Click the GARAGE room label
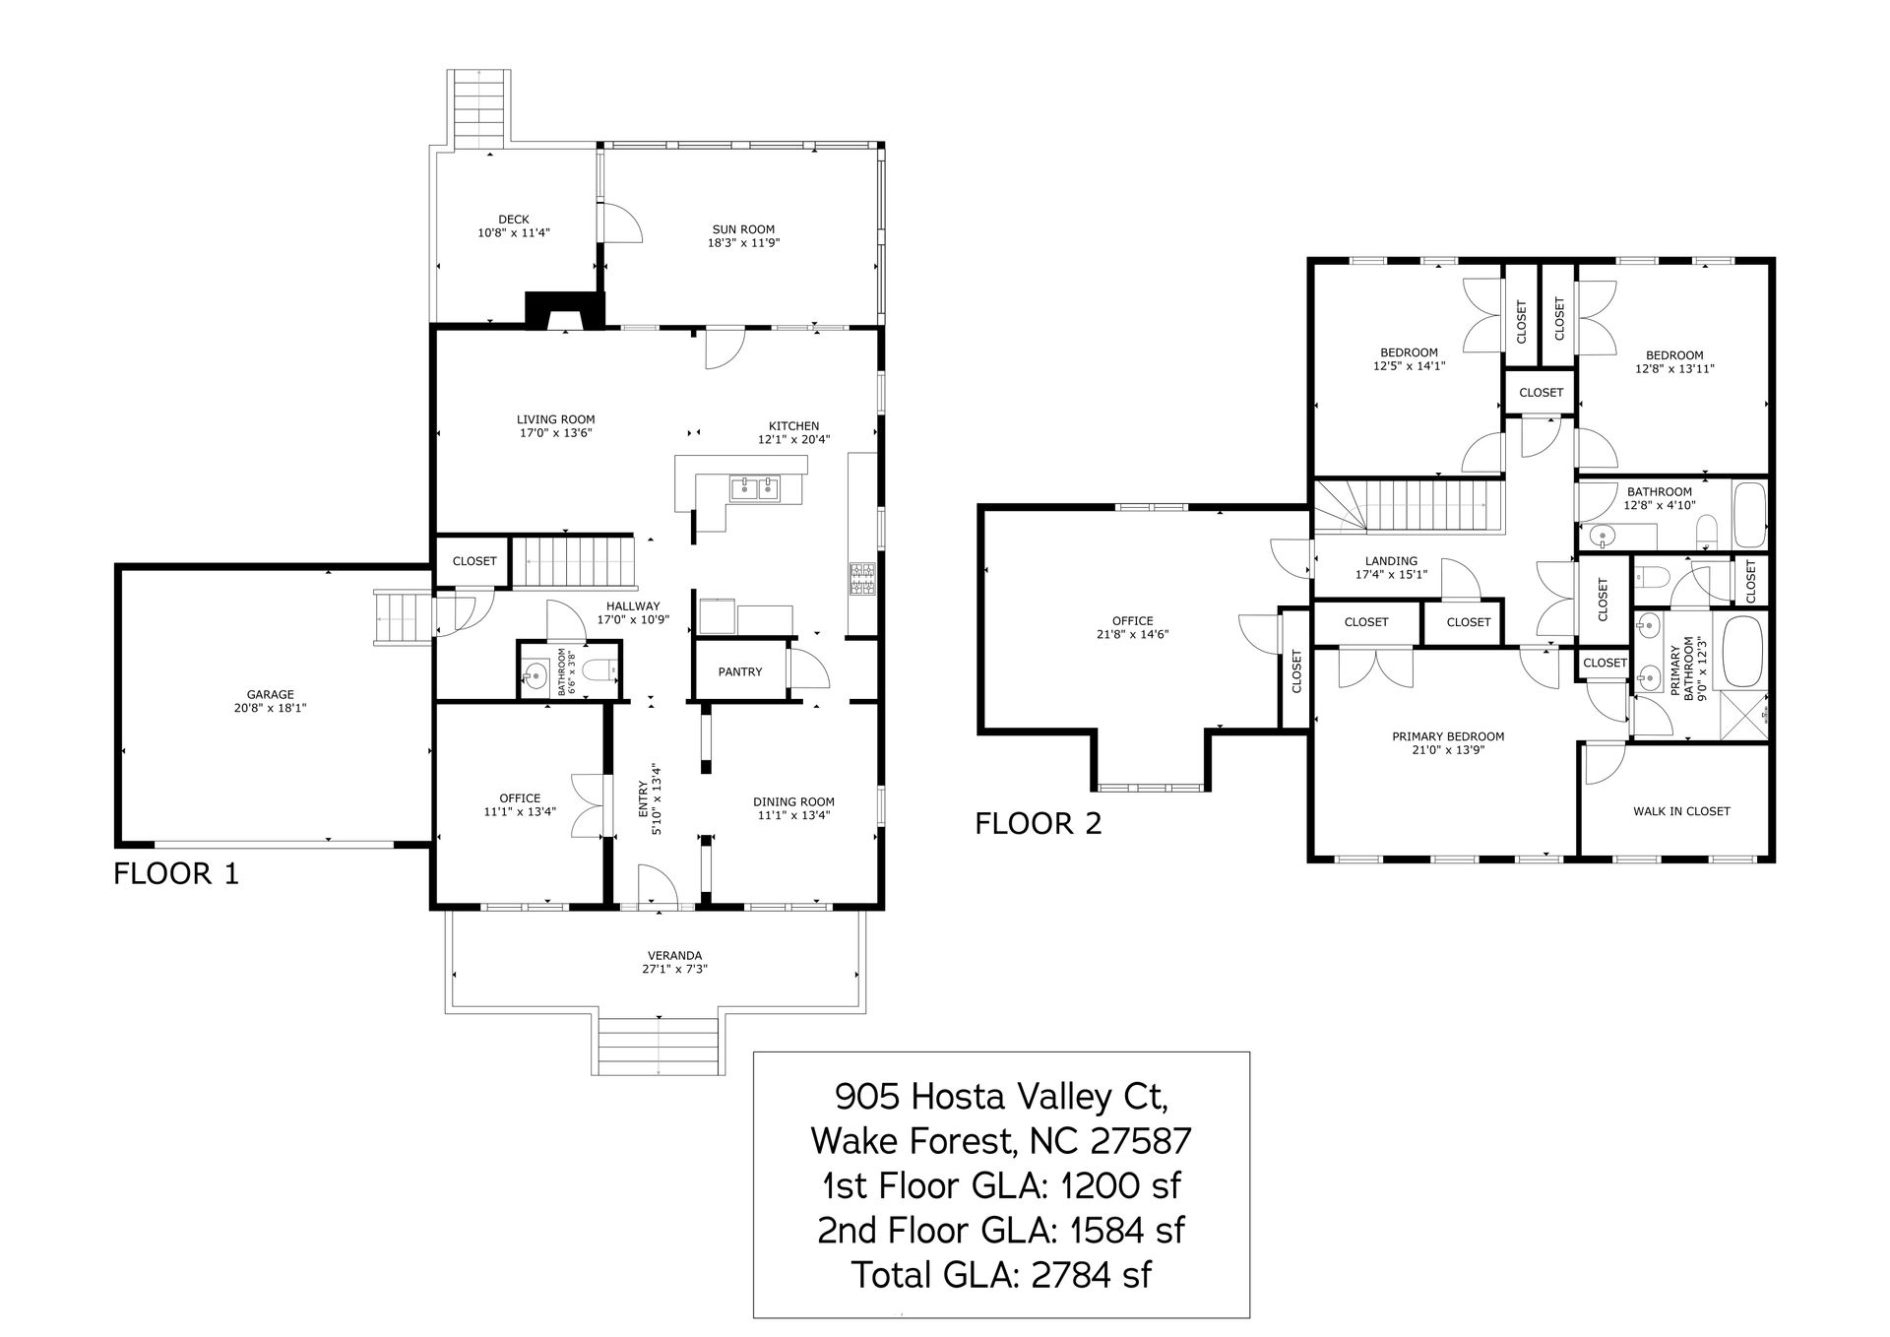(271, 694)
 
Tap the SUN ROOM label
(743, 229)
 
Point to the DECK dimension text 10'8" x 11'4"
(513, 233)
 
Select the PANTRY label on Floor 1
(740, 671)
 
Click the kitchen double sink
(755, 487)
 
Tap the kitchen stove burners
(862, 579)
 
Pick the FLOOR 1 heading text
(176, 873)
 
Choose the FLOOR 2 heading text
(1039, 823)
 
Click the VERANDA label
(674, 955)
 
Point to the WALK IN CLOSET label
(1681, 811)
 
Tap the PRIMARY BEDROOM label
(1448, 736)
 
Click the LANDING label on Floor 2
(1391, 561)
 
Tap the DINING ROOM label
(794, 801)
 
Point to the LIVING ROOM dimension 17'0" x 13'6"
(556, 432)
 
